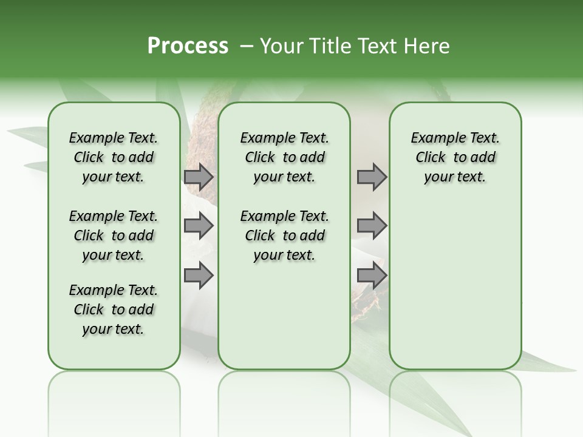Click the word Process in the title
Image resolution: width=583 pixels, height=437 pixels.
coord(188,46)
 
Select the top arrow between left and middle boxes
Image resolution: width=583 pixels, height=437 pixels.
coord(199,177)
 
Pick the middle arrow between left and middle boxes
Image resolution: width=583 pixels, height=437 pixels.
coord(199,226)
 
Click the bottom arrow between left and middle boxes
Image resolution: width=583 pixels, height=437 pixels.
coord(199,275)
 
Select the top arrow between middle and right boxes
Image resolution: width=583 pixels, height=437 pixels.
coord(372,177)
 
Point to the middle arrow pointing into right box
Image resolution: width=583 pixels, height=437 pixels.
coord(372,226)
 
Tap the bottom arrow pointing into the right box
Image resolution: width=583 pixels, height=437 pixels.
coord(372,275)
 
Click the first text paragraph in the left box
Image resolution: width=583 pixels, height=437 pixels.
coord(114,157)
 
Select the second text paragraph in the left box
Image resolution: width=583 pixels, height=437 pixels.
coord(114,235)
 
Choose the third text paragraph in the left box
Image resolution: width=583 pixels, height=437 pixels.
coord(114,310)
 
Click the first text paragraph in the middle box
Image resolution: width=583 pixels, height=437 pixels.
coord(285,157)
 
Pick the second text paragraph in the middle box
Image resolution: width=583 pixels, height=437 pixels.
coord(285,235)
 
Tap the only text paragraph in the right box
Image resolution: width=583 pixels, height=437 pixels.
coord(455,157)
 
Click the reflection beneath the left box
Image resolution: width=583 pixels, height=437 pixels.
coord(114,395)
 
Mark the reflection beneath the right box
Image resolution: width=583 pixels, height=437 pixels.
coord(455,395)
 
